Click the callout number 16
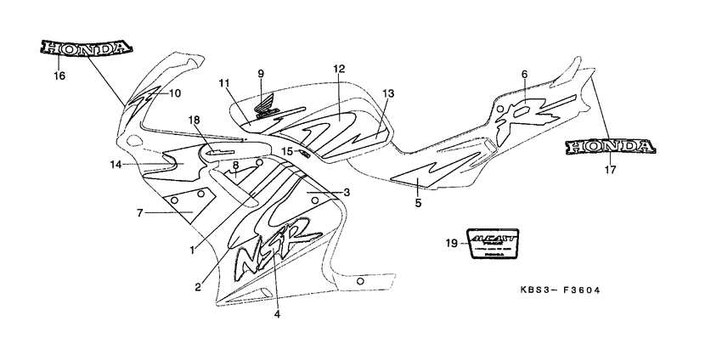coord(59,76)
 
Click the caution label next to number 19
coord(492,244)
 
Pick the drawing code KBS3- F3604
coord(561,290)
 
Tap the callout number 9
coord(262,74)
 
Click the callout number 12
coord(338,68)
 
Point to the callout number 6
coord(524,75)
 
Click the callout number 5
coord(418,203)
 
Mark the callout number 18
coord(194,121)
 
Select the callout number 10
coord(174,93)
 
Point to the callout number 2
coord(197,287)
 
